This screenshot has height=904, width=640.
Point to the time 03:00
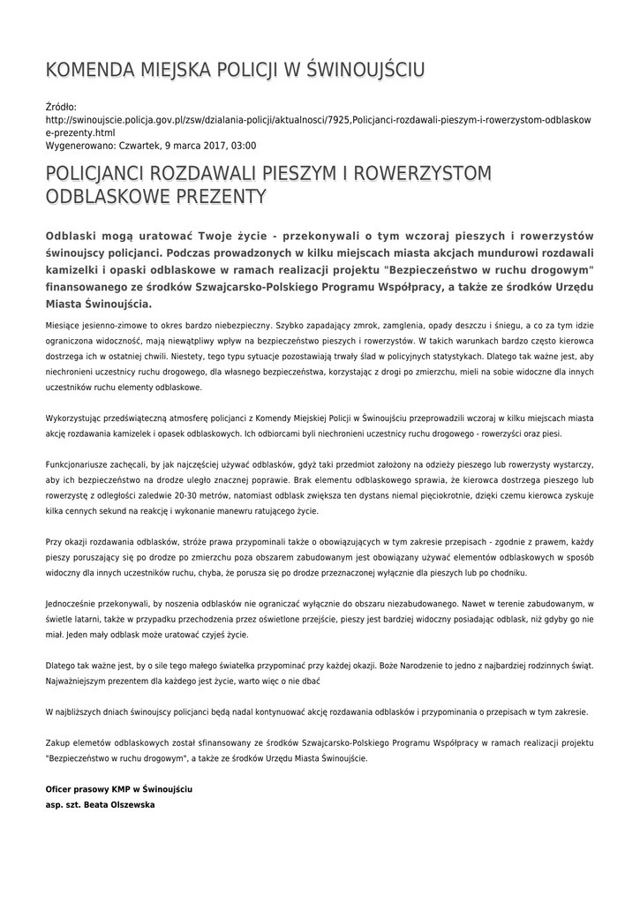(243, 144)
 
